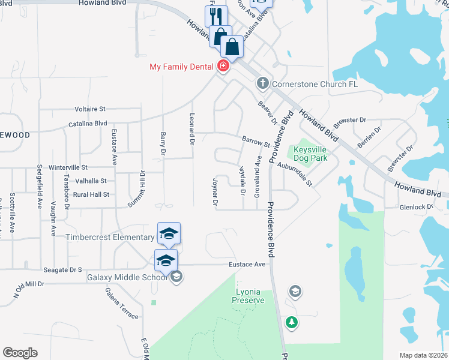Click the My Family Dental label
(x=182, y=67)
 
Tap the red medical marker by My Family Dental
(x=223, y=65)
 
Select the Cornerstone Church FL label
(x=315, y=84)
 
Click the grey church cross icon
(x=262, y=83)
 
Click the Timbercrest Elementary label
(x=110, y=237)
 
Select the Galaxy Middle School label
(x=127, y=277)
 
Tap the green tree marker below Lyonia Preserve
(x=292, y=322)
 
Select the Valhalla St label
(x=88, y=181)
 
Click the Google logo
(x=20, y=352)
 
